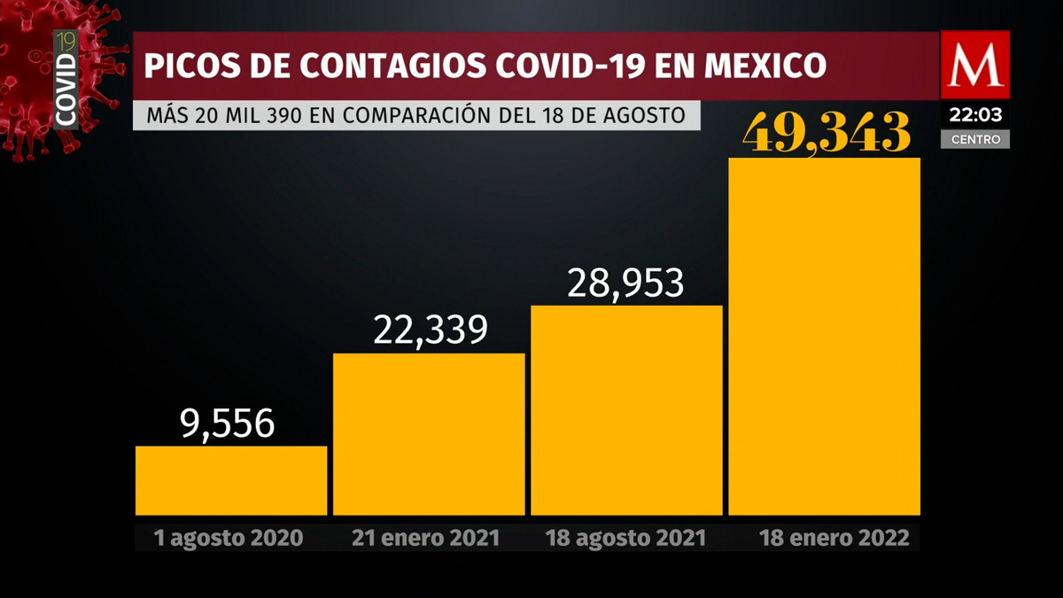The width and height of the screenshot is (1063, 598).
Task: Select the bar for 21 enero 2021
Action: click(429, 433)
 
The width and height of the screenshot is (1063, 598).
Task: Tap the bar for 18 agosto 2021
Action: click(626, 409)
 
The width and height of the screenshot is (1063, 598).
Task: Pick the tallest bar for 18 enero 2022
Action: click(824, 336)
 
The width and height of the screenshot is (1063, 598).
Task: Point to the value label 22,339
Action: click(431, 330)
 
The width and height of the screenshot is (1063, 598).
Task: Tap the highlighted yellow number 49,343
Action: click(827, 133)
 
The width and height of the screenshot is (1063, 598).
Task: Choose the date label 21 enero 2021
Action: click(426, 538)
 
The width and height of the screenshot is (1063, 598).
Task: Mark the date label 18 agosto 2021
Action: click(626, 538)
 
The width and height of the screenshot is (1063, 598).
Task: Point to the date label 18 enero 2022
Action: click(834, 538)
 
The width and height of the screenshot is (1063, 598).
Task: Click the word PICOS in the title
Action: click(184, 66)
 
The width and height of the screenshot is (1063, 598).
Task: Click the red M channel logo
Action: click(974, 65)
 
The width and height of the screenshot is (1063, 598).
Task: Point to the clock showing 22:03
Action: click(974, 114)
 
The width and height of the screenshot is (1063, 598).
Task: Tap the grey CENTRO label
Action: click(975, 139)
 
